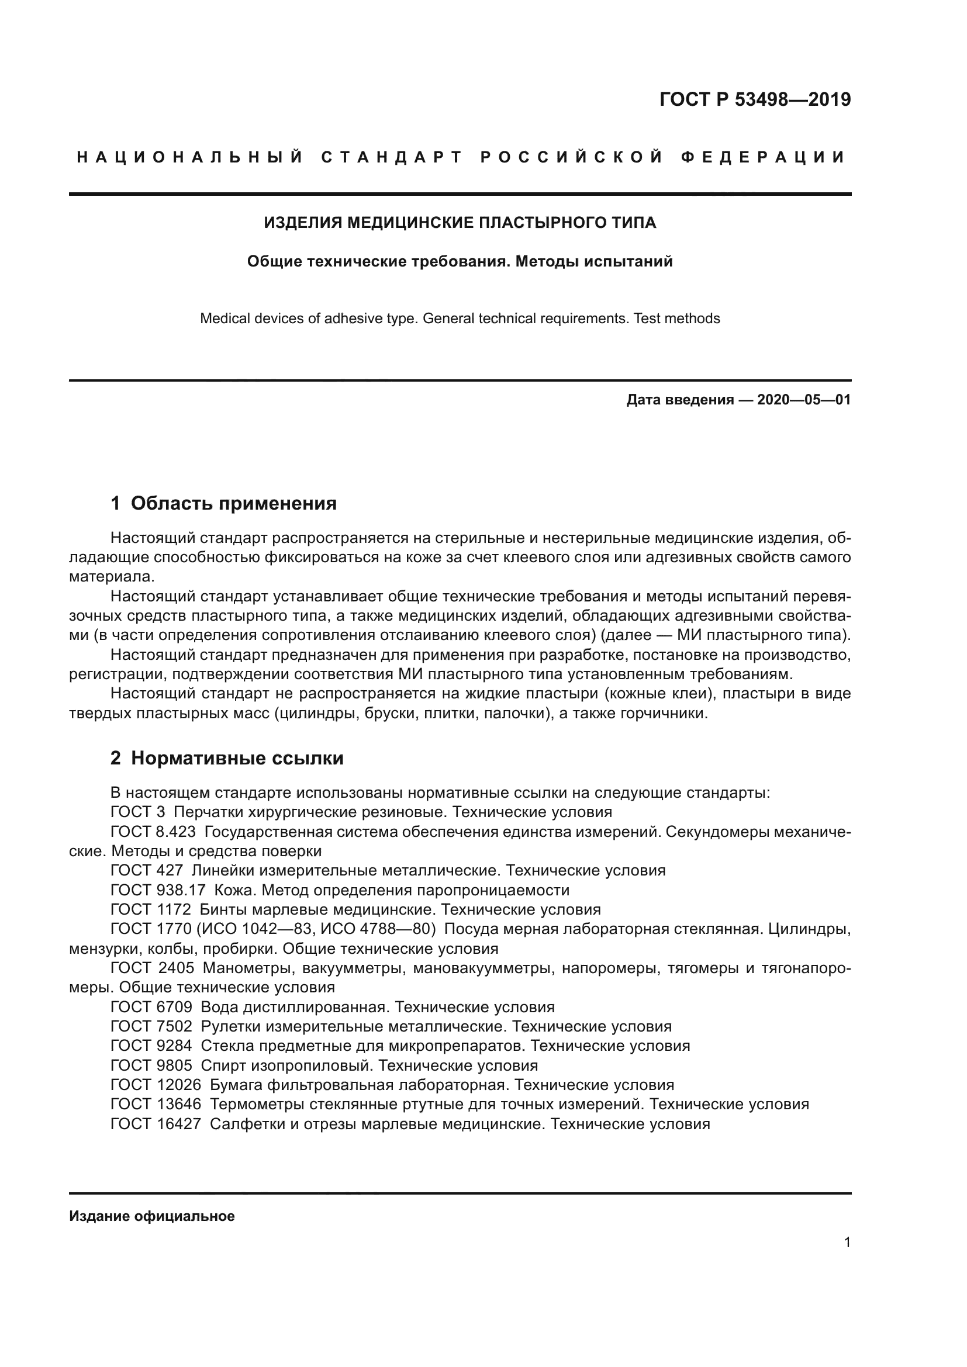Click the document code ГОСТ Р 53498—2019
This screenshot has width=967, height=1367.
(x=754, y=99)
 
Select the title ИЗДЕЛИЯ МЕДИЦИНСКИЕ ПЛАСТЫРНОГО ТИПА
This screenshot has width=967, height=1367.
(x=460, y=223)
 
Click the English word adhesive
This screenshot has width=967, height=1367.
(x=353, y=319)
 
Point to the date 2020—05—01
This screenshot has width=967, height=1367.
(x=804, y=400)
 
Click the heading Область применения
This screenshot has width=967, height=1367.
(x=233, y=504)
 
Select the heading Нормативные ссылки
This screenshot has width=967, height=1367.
(x=237, y=759)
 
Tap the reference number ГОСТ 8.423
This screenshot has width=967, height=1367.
(x=153, y=832)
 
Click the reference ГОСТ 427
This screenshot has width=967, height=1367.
(x=147, y=870)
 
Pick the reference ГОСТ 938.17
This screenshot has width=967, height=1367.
(x=158, y=890)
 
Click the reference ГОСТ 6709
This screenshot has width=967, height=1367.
(x=151, y=1008)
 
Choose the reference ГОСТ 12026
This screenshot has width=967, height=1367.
(x=156, y=1085)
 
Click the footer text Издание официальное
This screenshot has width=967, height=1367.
(x=152, y=1216)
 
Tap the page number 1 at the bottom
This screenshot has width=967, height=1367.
(x=847, y=1243)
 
